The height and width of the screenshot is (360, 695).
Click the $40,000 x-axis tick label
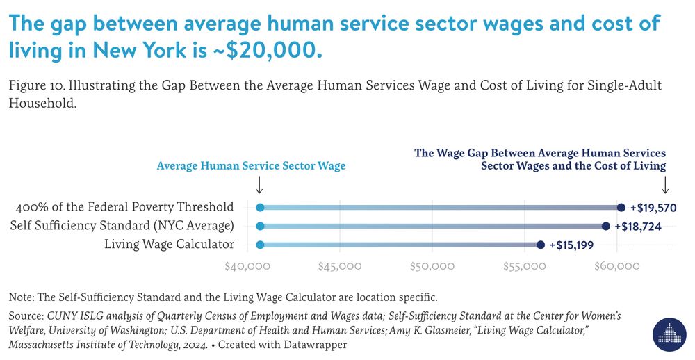[247, 266]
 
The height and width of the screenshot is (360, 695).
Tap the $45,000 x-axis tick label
[340, 266]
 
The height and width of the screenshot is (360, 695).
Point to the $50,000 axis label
[432, 266]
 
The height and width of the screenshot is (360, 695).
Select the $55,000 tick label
[525, 266]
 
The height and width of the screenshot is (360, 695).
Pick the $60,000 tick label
[617, 266]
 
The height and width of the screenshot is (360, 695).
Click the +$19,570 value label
[653, 207]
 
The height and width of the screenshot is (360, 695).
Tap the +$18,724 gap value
[638, 226]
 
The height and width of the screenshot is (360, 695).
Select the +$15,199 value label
[573, 245]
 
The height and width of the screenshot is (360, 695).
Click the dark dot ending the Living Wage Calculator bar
[541, 245]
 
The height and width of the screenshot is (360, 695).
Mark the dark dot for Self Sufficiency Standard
[606, 226]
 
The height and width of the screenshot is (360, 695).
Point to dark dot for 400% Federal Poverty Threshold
[621, 207]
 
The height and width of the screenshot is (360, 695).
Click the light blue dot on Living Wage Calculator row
[260, 245]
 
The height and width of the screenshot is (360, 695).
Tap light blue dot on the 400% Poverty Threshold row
[260, 207]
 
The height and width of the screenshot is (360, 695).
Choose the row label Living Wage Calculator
[169, 244]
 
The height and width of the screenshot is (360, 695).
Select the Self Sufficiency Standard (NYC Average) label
[122, 226]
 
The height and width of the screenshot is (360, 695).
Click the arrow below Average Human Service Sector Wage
[259, 185]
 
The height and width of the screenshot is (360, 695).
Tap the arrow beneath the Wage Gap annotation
[665, 185]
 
